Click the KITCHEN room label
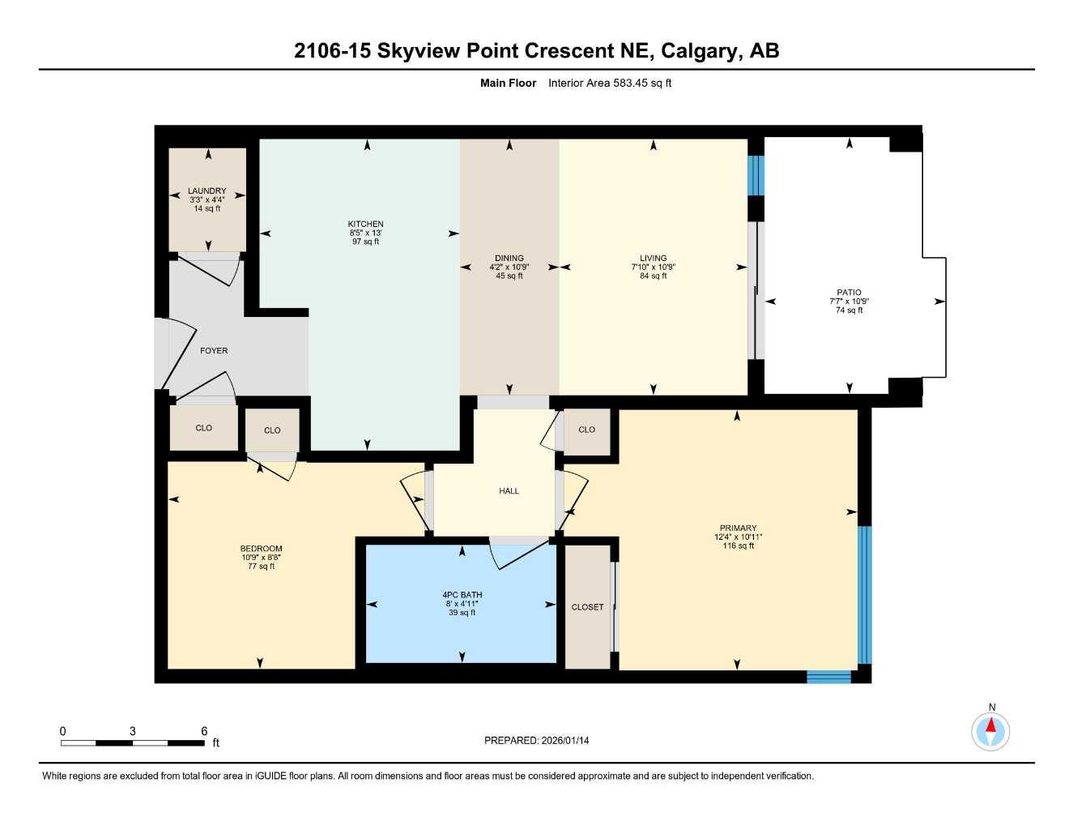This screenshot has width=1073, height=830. click(365, 224)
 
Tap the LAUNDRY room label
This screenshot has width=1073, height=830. click(207, 191)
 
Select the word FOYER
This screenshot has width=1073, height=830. click(214, 351)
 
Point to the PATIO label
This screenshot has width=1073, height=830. click(849, 293)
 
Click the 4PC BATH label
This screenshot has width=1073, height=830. click(462, 595)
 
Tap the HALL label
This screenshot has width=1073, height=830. click(509, 491)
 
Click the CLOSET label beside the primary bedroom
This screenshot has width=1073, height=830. click(587, 607)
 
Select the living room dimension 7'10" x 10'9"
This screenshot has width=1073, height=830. click(653, 267)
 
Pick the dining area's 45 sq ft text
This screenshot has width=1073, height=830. click(509, 276)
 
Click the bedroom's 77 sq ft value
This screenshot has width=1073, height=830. click(261, 567)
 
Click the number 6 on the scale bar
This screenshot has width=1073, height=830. click(204, 731)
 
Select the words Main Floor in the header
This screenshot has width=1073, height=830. click(508, 83)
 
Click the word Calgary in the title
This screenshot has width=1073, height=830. click(700, 51)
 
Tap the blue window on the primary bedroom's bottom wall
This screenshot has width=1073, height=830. click(828, 677)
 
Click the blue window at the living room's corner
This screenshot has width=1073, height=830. click(756, 175)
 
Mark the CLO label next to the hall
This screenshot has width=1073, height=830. click(586, 430)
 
